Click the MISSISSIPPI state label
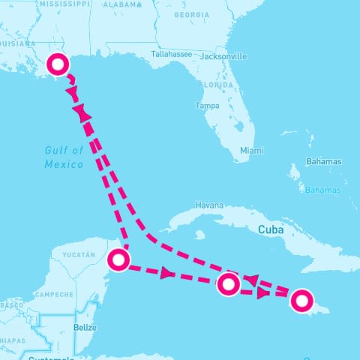[x=64, y=4]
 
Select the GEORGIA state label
[x=190, y=14]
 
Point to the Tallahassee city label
[x=171, y=55]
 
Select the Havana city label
[x=209, y=205]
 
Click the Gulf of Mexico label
[x=59, y=157]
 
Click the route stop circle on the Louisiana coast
[x=56, y=64]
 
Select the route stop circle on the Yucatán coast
[x=118, y=260]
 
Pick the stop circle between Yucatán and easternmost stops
[x=228, y=284]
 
